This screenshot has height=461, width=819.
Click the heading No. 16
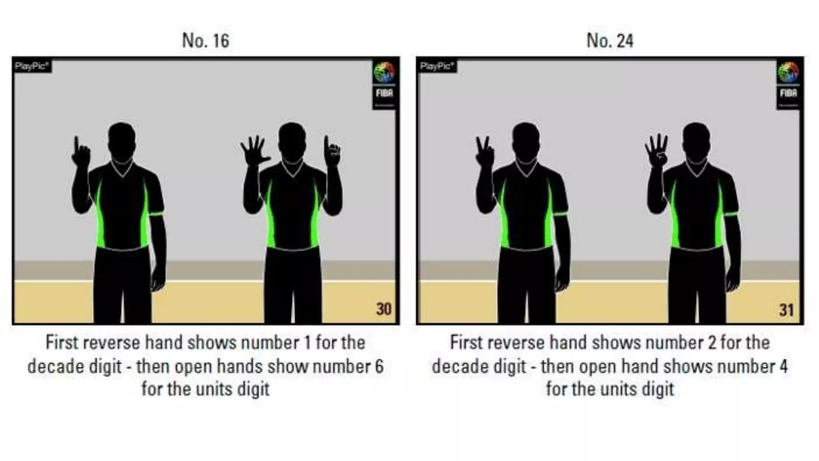coord(206,40)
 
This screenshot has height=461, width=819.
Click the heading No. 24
coord(610,40)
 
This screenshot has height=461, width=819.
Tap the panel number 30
coord(384,309)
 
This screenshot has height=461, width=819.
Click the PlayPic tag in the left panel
coord(32,66)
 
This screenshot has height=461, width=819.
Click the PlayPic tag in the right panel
coord(437,66)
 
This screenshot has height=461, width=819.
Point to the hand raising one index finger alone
coord(80,152)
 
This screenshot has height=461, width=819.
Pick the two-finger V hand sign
coord(484,152)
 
